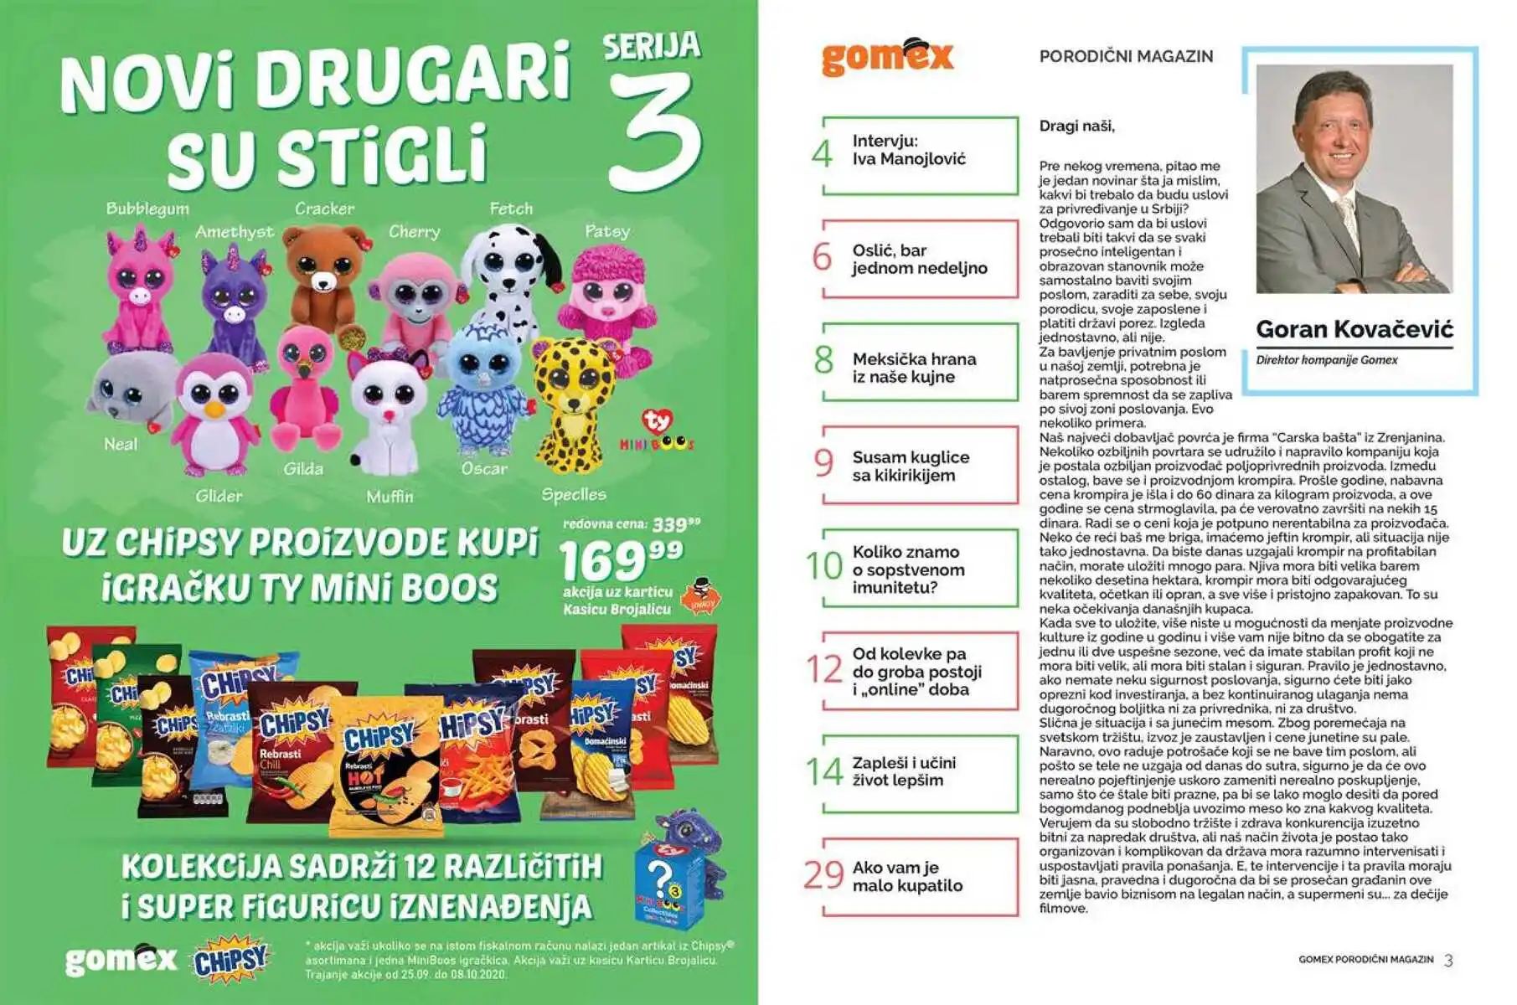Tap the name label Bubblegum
click(147, 209)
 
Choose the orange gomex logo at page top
click(887, 57)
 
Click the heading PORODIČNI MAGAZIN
click(1126, 56)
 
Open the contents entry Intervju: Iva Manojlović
click(909, 150)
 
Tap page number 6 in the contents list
click(823, 257)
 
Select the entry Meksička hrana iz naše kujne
click(914, 368)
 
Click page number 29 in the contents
click(823, 874)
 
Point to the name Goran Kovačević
click(1354, 329)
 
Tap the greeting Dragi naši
click(1076, 126)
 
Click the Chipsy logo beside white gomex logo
click(231, 960)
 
